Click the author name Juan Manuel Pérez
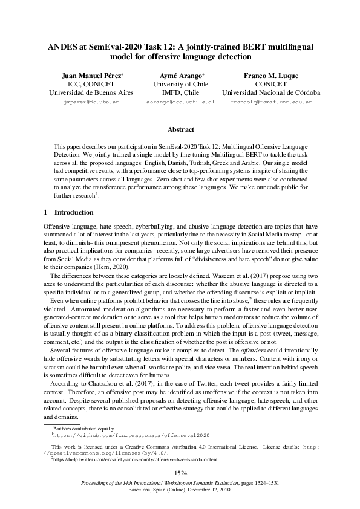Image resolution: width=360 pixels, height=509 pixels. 91,76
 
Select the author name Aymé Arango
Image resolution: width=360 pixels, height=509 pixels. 178,76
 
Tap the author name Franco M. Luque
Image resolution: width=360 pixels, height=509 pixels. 271,76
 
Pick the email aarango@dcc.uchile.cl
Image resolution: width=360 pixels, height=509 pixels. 180,103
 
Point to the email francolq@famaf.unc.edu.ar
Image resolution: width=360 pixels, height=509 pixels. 271,103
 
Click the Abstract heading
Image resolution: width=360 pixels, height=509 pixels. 180,130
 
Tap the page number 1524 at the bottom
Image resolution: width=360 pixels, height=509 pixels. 180,472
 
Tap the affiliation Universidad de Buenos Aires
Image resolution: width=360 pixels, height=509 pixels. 91,94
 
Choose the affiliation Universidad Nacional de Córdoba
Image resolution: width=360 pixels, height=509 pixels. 271,94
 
